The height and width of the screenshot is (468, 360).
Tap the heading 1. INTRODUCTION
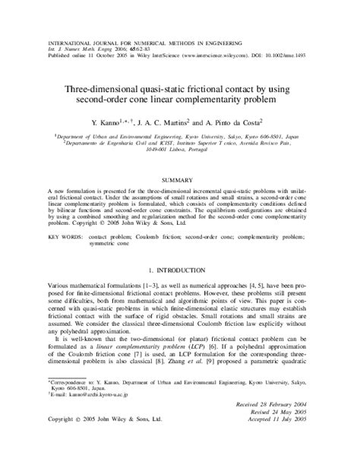coord(180,270)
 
